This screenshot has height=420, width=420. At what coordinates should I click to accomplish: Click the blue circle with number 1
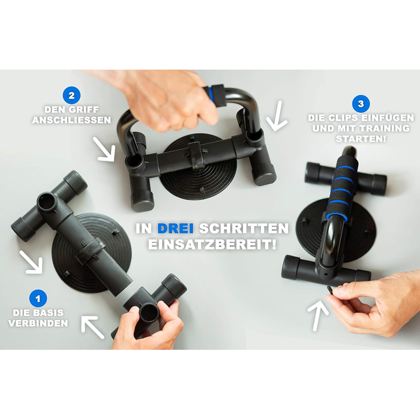[38, 298]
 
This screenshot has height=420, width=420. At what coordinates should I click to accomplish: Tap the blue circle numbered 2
[71, 95]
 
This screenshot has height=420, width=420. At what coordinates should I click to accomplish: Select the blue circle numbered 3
[361, 103]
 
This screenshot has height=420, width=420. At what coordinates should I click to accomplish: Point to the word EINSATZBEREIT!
[212, 245]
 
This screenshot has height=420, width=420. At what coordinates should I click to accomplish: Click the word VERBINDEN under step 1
[38, 323]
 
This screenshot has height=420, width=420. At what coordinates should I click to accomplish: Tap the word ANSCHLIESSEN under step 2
[71, 120]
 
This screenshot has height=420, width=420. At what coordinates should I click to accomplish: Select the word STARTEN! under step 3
[361, 139]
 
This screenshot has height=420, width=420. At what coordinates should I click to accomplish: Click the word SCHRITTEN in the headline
[244, 229]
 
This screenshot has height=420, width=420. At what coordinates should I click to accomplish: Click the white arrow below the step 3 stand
[317, 316]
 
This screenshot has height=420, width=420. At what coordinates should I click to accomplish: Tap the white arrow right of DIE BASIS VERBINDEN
[92, 326]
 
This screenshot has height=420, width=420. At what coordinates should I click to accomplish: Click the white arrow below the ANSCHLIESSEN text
[104, 149]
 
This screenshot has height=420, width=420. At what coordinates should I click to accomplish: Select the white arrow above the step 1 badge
[31, 263]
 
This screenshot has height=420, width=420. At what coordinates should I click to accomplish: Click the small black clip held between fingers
[330, 289]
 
